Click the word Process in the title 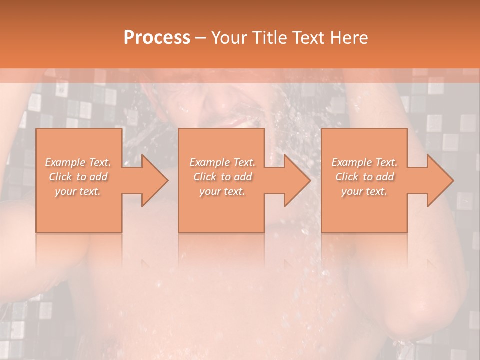(x=157, y=38)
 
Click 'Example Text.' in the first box (x=78, y=162)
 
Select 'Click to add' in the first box (x=78, y=177)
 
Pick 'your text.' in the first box (x=78, y=191)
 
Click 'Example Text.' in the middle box (x=222, y=162)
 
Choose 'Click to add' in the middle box (x=222, y=177)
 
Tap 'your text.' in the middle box (x=222, y=191)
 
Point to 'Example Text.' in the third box (x=364, y=162)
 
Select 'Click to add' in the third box (x=364, y=177)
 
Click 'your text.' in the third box (x=364, y=191)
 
